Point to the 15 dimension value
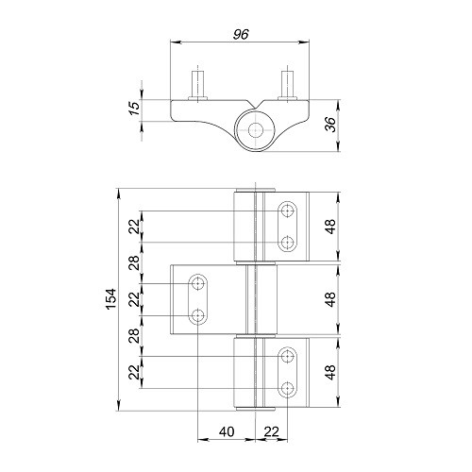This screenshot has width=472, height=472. click(134, 110)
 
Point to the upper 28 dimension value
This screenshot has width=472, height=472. click(134, 262)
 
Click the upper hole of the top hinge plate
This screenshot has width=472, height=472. click(287, 210)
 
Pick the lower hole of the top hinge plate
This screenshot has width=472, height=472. click(287, 244)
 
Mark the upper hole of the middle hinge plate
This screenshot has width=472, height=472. click(199, 282)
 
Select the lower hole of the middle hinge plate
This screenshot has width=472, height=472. click(199, 315)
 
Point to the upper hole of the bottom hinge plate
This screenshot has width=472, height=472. click(287, 355)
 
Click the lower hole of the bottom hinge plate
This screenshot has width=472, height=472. click(287, 388)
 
